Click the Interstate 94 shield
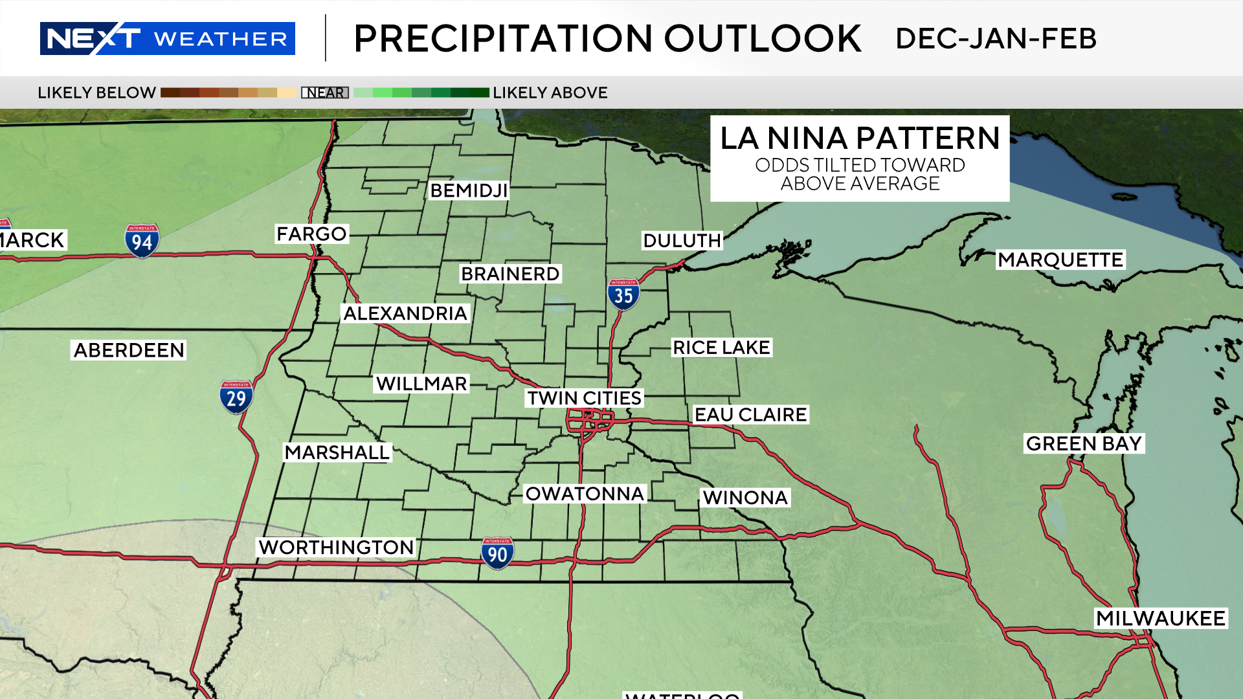tap(142, 241)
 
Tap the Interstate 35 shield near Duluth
tap(623, 294)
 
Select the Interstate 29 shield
tap(236, 397)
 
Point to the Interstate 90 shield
tap(497, 553)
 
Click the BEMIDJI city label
tap(469, 190)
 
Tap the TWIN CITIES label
tap(584, 397)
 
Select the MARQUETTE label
tap(1060, 260)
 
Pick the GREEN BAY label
tap(1084, 443)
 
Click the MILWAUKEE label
tap(1160, 618)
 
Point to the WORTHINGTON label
tap(336, 547)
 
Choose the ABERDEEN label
tap(129, 350)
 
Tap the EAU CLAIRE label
tap(750, 414)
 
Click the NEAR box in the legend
tap(325, 93)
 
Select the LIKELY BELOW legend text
tap(96, 93)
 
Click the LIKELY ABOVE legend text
tap(550, 93)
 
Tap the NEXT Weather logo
tap(167, 39)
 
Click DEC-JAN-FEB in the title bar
tap(996, 39)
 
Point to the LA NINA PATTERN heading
tap(860, 138)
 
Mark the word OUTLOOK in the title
tap(763, 39)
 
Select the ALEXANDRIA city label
tap(405, 313)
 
